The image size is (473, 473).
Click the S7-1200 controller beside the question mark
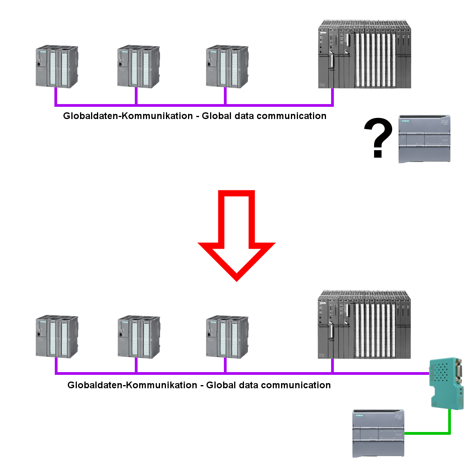(x=424, y=139)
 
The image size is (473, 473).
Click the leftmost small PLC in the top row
(x=57, y=67)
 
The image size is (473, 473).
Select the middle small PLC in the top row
(x=138, y=67)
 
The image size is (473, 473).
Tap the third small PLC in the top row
(x=227, y=67)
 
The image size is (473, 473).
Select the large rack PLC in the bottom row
(x=364, y=325)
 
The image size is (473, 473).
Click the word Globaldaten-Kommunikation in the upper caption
(x=128, y=116)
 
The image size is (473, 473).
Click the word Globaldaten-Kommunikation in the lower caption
(x=132, y=385)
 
